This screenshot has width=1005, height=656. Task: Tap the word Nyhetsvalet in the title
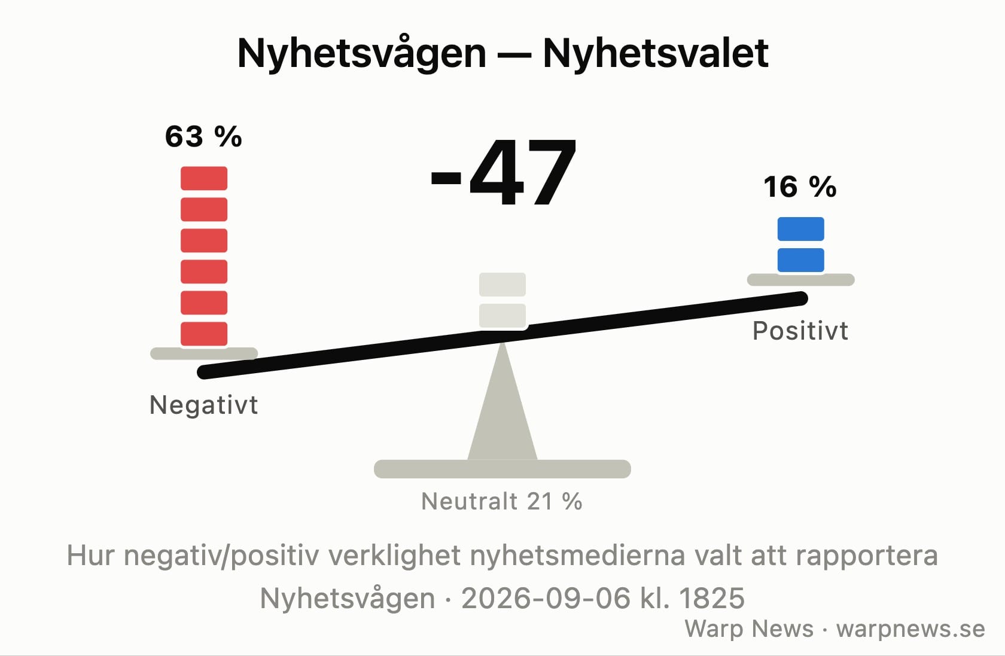pyautogui.click(x=656, y=53)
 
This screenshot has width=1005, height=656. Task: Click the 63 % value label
pyautogui.click(x=203, y=136)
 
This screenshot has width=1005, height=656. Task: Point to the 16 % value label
pyautogui.click(x=800, y=187)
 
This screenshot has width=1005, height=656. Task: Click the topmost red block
pyautogui.click(x=204, y=178)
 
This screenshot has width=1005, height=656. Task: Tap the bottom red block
pyautogui.click(x=204, y=334)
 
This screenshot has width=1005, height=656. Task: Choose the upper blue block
pyautogui.click(x=801, y=229)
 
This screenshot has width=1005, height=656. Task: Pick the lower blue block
pyautogui.click(x=801, y=260)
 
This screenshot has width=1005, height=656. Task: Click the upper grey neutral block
pyautogui.click(x=502, y=285)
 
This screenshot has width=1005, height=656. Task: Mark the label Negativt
pyautogui.click(x=203, y=405)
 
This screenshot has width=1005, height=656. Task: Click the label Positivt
pyautogui.click(x=800, y=331)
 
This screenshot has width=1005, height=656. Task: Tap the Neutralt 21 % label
pyautogui.click(x=502, y=501)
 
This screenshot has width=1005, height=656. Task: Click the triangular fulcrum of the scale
pyautogui.click(x=502, y=413)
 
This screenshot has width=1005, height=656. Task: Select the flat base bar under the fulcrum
pyautogui.click(x=502, y=469)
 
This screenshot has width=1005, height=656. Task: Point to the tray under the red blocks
pyautogui.click(x=204, y=353)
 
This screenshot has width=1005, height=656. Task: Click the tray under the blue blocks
pyautogui.click(x=801, y=279)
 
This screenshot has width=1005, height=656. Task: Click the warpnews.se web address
pyautogui.click(x=910, y=628)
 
